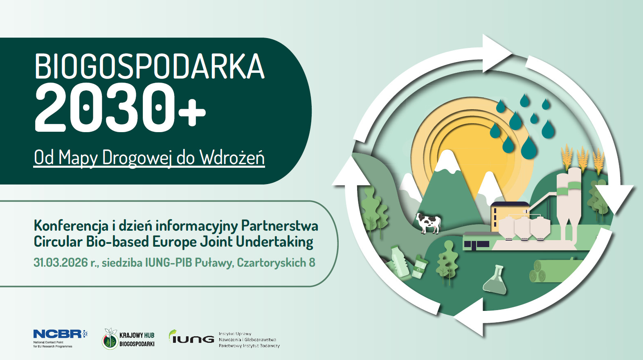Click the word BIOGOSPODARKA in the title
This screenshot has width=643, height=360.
tap(149, 66)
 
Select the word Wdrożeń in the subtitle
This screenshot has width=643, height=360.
tap(232, 157)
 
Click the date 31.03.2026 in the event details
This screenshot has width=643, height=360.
tap(61, 262)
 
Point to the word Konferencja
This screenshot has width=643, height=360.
tap(71, 226)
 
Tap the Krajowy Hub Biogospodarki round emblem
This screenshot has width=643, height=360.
tap(110, 339)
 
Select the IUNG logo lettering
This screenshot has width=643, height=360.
tap(191, 337)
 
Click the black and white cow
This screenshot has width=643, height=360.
tap(428, 223)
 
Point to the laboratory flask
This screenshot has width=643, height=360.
tap(495, 280)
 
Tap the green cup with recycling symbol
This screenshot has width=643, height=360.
tap(420, 267)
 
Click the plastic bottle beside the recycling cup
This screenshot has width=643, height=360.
tap(400, 261)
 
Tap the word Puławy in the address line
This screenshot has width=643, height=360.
tap(213, 262)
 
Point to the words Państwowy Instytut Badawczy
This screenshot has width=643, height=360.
tap(249, 346)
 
